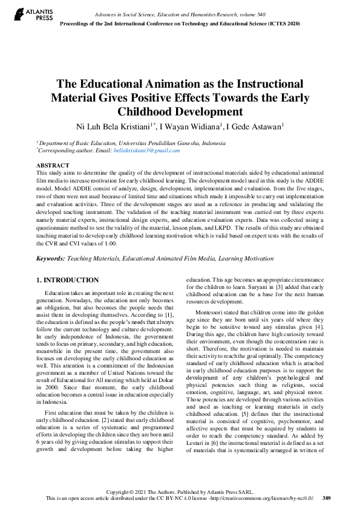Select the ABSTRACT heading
53,165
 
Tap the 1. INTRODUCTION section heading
67,280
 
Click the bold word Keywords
50,259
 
